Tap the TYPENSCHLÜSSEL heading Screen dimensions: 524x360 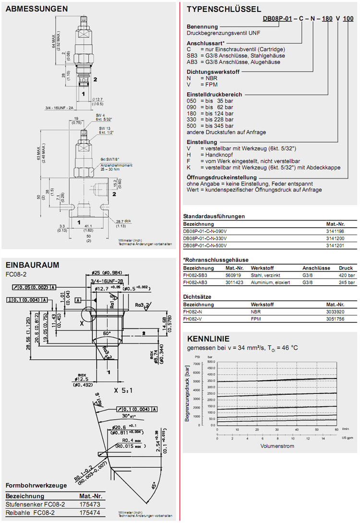point(224,9)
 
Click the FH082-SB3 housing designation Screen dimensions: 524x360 point(195,275)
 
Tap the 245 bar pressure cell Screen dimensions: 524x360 point(347,282)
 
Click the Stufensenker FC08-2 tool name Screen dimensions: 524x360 point(35,505)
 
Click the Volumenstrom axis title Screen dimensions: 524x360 point(277,446)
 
